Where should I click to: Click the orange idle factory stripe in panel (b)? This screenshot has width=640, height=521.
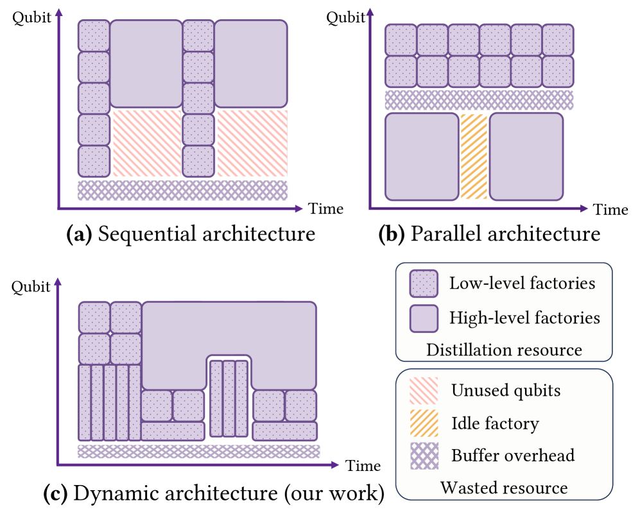pyautogui.click(x=474, y=156)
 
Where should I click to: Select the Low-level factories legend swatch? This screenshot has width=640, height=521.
pyautogui.click(x=424, y=283)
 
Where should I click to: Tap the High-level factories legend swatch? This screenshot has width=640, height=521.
pyautogui.click(x=424, y=318)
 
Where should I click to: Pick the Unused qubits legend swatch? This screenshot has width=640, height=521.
pyautogui.click(x=424, y=389)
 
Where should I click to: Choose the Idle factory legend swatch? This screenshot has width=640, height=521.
pyautogui.click(x=424, y=423)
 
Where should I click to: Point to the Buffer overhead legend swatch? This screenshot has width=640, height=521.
pyautogui.click(x=424, y=456)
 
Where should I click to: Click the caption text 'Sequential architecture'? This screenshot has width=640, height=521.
pyautogui.click(x=206, y=234)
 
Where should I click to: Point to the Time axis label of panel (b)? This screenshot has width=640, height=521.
pyautogui.click(x=610, y=210)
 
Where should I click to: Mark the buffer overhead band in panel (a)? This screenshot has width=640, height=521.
pyautogui.click(x=182, y=190)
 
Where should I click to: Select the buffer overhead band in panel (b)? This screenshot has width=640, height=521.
pyautogui.click(x=478, y=100)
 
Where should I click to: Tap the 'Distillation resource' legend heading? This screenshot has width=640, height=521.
pyautogui.click(x=504, y=350)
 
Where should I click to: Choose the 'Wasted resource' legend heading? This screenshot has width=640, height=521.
pyautogui.click(x=504, y=488)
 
